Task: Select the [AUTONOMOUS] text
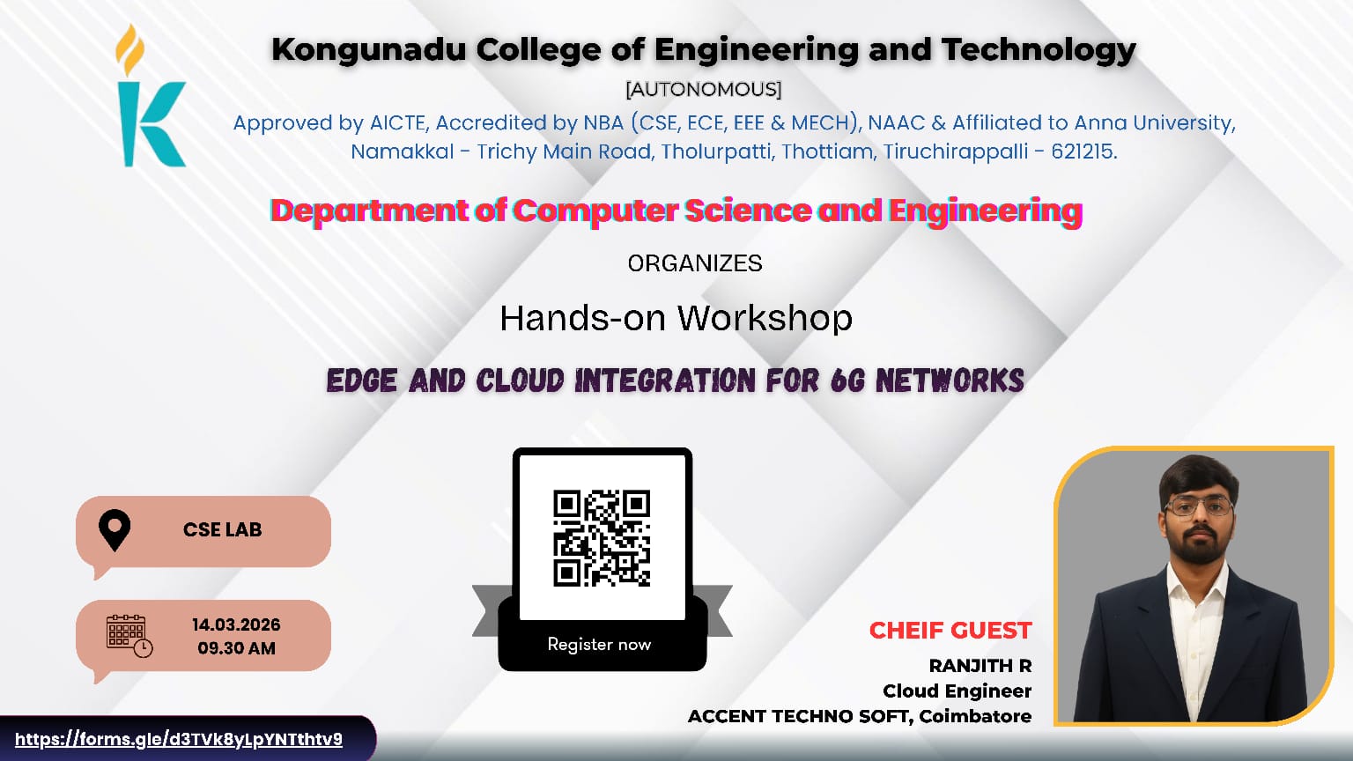703,89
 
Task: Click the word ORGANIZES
694,263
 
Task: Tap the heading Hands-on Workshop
676,318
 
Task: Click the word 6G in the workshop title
848,380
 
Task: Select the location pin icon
115,530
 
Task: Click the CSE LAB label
222,529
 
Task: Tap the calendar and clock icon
129,635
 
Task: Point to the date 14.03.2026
236,624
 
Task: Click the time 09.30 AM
236,648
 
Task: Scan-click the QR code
602,538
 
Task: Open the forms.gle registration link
179,739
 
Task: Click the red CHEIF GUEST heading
950,631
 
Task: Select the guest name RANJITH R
980,666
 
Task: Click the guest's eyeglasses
1198,506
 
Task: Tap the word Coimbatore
975,716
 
